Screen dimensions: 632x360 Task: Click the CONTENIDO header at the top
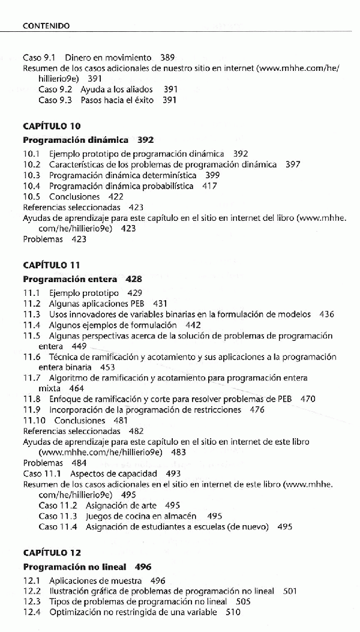46,26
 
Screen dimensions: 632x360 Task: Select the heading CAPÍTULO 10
52,126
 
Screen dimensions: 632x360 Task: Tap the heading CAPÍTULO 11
52,265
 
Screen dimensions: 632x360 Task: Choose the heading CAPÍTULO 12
52,553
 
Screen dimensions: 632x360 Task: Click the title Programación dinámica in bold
76,140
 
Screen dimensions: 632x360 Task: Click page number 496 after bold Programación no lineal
143,567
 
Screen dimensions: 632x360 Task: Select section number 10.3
32,175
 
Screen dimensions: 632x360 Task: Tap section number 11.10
34,421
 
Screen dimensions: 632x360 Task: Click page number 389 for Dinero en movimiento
167,58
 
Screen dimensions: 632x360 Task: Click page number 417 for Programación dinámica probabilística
209,186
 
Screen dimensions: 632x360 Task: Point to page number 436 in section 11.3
326,314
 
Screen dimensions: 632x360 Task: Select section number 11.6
32,357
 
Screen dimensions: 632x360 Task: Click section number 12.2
32,591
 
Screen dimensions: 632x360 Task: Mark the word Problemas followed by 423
43,239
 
